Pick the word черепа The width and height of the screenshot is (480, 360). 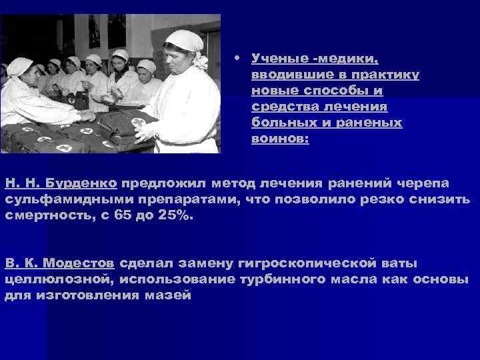pyautogui.click(x=426, y=183)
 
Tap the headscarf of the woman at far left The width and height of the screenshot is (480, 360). pyautogui.click(x=19, y=66)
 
